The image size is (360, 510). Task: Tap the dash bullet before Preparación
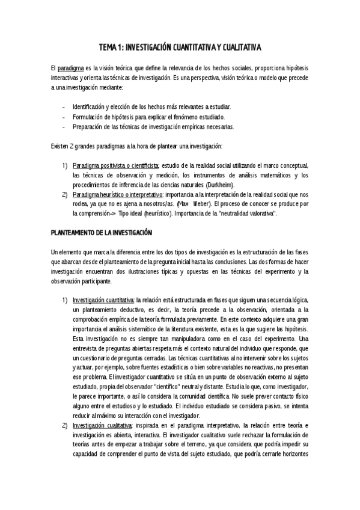(64, 127)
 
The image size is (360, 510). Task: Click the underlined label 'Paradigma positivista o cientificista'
(116, 165)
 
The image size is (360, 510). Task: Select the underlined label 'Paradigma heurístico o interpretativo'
(118, 195)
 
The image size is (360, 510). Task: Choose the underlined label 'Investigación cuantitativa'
(104, 300)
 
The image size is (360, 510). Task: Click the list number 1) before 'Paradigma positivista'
(64, 165)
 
